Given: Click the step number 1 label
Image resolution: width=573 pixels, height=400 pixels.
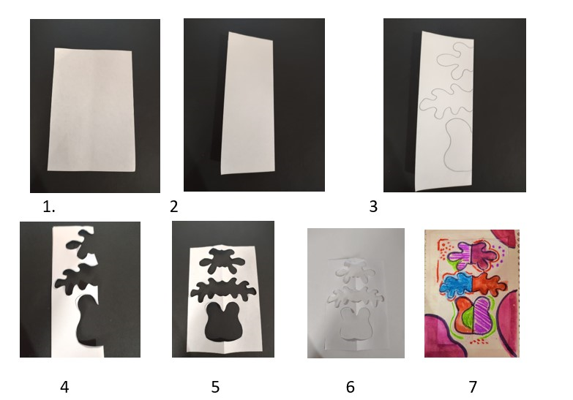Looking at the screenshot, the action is pos(48,207).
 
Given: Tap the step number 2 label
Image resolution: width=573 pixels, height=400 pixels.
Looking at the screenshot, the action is pos(174,207).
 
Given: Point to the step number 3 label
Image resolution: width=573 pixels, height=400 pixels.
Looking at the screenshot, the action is pos(373,207).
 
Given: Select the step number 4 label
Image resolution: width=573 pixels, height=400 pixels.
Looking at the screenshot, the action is pos(64,387).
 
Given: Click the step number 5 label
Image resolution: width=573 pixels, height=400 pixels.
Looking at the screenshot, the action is pos(215,387).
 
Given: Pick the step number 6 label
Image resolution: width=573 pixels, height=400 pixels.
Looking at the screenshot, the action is pos(350,387).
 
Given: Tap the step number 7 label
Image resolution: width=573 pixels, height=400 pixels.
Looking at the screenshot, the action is pos(473,387).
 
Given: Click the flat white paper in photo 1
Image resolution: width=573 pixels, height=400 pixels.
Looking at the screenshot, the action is pos(91,110).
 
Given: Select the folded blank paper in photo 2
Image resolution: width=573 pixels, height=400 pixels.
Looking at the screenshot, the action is pos(247,103).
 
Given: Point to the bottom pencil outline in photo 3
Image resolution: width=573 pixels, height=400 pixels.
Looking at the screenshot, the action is pos(457,144).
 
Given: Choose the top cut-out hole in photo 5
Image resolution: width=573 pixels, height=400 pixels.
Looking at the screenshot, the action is pos(222,261).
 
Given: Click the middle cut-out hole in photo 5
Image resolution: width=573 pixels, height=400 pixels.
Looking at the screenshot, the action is pos(223,290).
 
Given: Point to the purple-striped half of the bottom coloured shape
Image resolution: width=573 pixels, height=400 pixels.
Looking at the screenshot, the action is pos(484,314).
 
